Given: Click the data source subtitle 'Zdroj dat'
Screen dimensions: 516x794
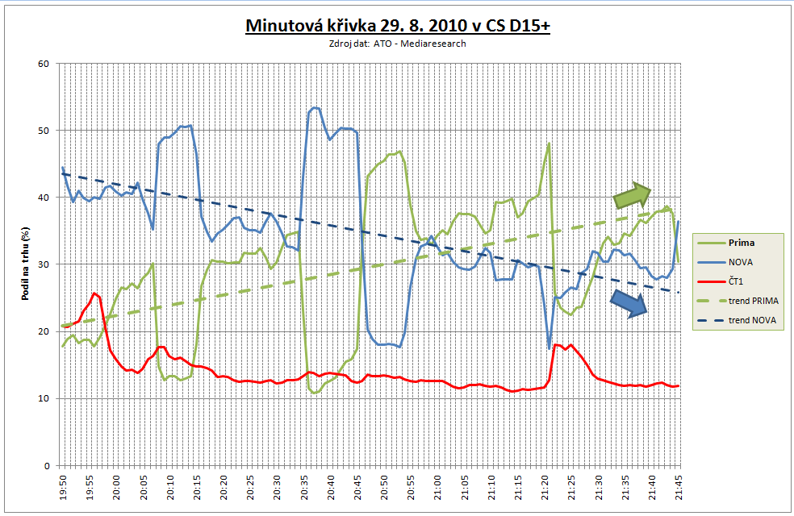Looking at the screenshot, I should [x=398, y=44].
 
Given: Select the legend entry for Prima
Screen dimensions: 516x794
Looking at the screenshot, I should [x=742, y=241].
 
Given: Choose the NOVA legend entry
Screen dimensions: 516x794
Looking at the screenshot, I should [x=742, y=260].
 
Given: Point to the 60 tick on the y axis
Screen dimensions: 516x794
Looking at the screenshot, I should [x=44, y=64].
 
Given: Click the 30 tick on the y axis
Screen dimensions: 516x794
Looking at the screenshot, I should [x=44, y=264].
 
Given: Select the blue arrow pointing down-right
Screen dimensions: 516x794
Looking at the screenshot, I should [x=629, y=302].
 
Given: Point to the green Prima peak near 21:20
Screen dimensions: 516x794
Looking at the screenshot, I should [x=549, y=144].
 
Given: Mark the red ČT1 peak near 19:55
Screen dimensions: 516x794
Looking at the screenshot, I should [x=94, y=293].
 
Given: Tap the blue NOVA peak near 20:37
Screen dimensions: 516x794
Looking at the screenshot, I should [x=314, y=107].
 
